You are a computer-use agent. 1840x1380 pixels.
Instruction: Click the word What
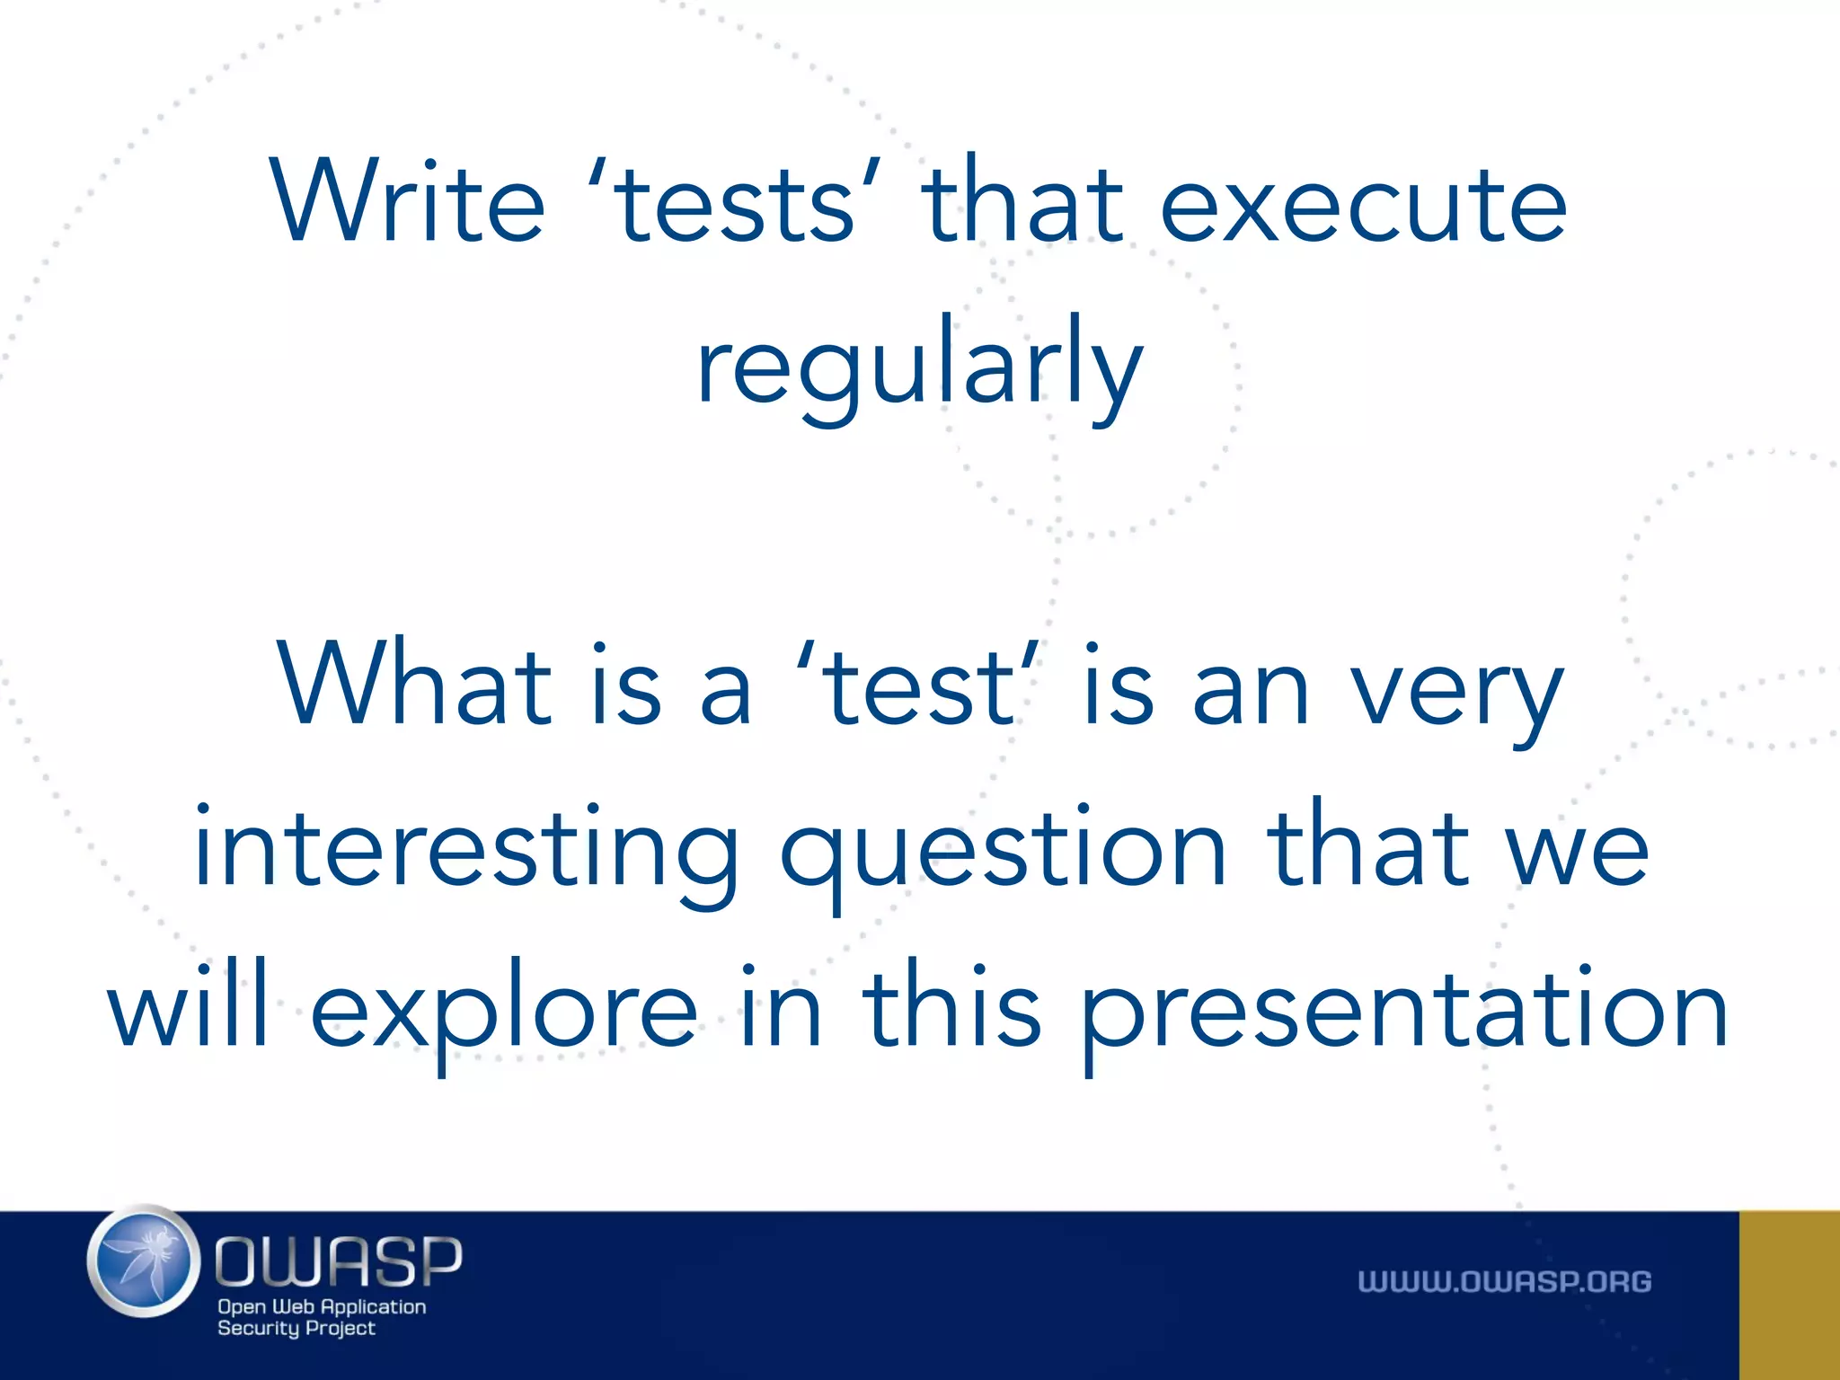(x=414, y=685)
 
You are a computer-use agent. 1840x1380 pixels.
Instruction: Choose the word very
(x=1457, y=692)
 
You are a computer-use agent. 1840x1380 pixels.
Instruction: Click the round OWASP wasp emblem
(x=144, y=1261)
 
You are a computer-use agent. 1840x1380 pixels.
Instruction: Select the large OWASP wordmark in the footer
(x=339, y=1261)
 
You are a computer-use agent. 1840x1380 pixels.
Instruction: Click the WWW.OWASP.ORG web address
(x=1504, y=1282)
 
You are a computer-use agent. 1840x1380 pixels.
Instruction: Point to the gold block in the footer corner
(x=1789, y=1295)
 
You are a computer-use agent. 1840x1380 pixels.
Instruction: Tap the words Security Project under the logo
(x=296, y=1329)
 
